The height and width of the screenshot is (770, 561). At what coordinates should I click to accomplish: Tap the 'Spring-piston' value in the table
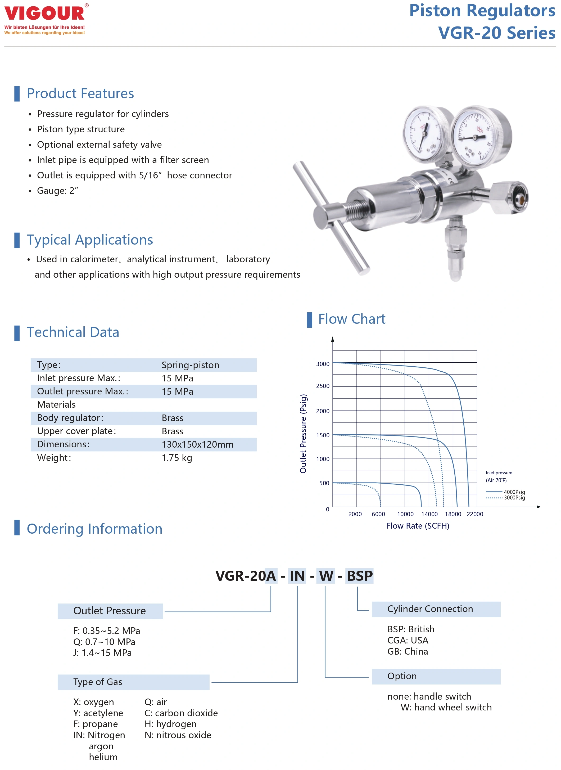coord(190,365)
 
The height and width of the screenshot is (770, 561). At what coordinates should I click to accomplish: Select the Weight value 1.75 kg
coord(177,458)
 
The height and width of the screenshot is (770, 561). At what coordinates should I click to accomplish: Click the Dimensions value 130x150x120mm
coord(197,445)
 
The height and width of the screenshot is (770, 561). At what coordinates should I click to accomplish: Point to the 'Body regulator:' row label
coord(70,418)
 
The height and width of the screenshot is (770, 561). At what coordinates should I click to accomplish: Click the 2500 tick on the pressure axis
coord(323,386)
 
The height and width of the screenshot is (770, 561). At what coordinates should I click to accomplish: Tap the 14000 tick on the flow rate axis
coord(429,514)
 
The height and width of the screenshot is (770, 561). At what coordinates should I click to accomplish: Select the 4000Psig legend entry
coord(514,492)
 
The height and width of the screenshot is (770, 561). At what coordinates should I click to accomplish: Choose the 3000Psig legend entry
coord(514,498)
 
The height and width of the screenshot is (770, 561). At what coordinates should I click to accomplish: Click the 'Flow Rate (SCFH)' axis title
coord(418,526)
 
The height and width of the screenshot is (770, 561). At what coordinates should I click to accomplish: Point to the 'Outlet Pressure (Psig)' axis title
coord(303,434)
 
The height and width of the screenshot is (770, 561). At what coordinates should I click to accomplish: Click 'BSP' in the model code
coord(360,576)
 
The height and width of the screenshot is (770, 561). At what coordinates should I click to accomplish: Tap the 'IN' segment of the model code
coord(297,576)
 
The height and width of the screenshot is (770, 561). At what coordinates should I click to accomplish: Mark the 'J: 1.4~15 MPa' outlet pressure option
coord(102,653)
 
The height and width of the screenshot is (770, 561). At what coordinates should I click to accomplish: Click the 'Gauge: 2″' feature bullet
coord(57,191)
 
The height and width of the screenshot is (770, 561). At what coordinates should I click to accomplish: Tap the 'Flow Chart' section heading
coord(351,319)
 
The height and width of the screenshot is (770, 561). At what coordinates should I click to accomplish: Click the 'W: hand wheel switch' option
coord(446,708)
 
